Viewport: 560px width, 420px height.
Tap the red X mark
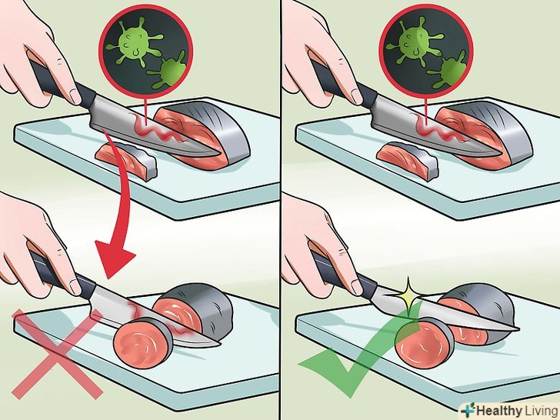pyautogui.click(x=57, y=355)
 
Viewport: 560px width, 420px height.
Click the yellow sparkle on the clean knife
pyautogui.click(x=409, y=294)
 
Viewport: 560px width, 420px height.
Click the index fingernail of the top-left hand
pyautogui.click(x=75, y=95)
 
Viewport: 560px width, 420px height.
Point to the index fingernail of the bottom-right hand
pyautogui.click(x=356, y=285)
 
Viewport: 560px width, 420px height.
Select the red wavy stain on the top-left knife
pyautogui.click(x=157, y=129)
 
